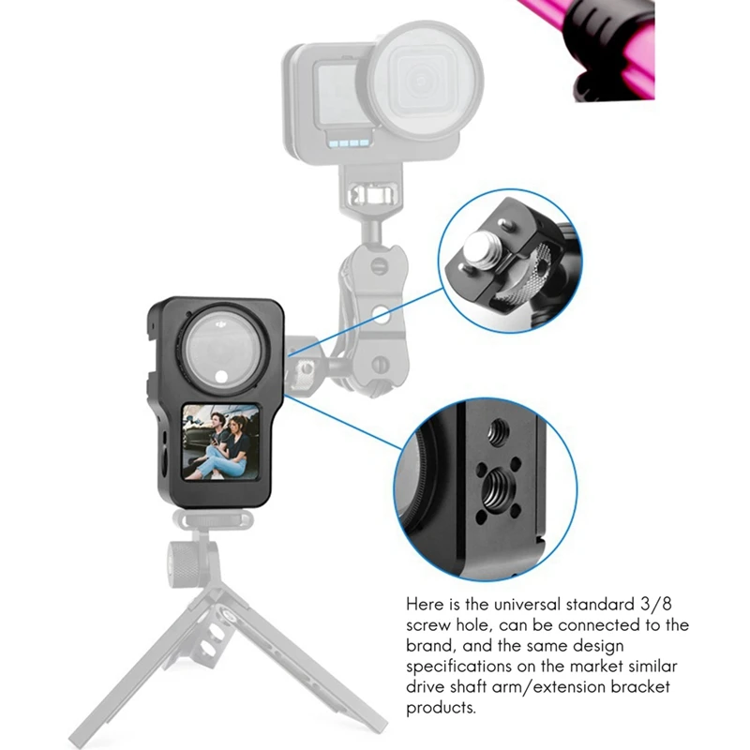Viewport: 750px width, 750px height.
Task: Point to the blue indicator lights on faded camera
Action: [x=350, y=143]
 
